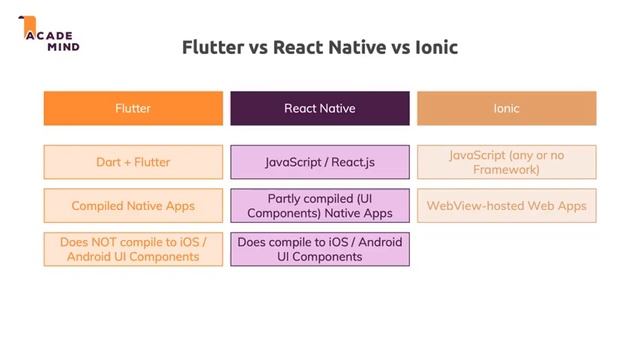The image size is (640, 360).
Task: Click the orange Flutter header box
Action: (x=133, y=108)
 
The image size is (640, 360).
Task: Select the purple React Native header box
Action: (x=319, y=108)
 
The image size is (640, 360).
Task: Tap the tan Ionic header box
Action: (x=506, y=108)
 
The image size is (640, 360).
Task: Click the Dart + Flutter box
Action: (x=133, y=162)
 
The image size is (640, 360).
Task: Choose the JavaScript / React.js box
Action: (x=319, y=162)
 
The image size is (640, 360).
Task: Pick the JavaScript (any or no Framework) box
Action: (x=506, y=162)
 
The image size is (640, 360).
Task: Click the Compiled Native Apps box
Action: (x=133, y=206)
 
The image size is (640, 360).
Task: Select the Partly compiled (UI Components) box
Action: (x=319, y=206)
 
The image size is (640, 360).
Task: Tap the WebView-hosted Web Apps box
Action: (x=506, y=206)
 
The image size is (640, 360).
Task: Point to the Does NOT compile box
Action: (x=133, y=249)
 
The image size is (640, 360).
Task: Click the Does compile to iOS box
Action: (x=319, y=249)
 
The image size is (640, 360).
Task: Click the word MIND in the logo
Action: (x=62, y=46)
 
